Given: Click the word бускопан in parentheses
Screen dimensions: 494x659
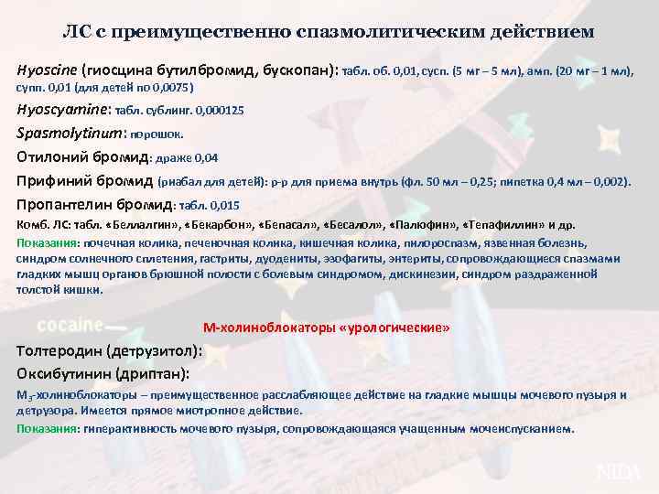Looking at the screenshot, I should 299,70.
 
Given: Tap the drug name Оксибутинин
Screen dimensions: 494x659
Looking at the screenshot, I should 63,373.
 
